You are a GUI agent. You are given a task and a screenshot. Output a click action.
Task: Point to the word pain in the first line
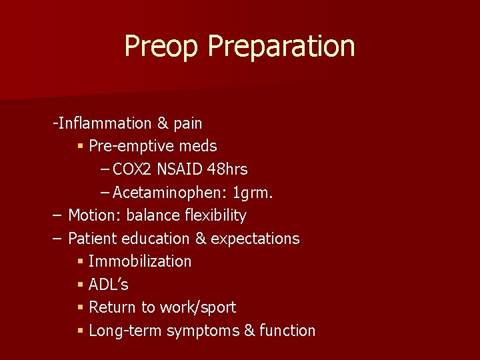tap(188, 123)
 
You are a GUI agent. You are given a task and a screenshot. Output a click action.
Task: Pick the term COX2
tap(133, 169)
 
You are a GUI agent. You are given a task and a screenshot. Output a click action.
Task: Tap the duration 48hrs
tap(227, 169)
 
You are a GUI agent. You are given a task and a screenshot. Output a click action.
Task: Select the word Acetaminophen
tap(170, 193)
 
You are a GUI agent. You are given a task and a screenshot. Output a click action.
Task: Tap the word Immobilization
tap(140, 261)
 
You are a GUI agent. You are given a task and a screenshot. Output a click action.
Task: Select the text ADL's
tap(109, 285)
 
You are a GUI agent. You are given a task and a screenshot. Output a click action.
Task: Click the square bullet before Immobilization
tap(80, 262)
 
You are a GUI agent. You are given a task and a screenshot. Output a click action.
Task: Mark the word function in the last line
tap(287, 331)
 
